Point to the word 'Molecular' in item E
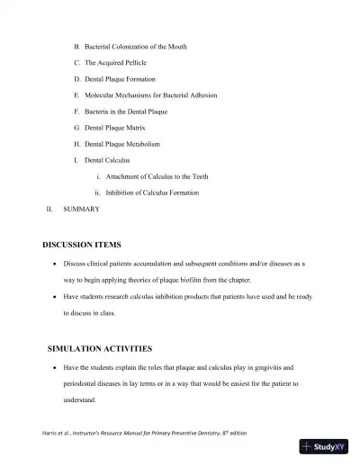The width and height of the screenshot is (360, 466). pos(100,94)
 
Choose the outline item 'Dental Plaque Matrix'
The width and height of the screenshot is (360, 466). pos(116,128)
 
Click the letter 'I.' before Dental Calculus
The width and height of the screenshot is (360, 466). pos(76,160)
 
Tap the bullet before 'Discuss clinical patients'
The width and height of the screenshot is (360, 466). pos(56,264)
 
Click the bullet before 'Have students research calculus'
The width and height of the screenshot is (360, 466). pos(56,297)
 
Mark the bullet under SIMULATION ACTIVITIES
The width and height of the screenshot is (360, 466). pos(56,368)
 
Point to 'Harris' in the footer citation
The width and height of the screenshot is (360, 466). pos(50,434)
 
